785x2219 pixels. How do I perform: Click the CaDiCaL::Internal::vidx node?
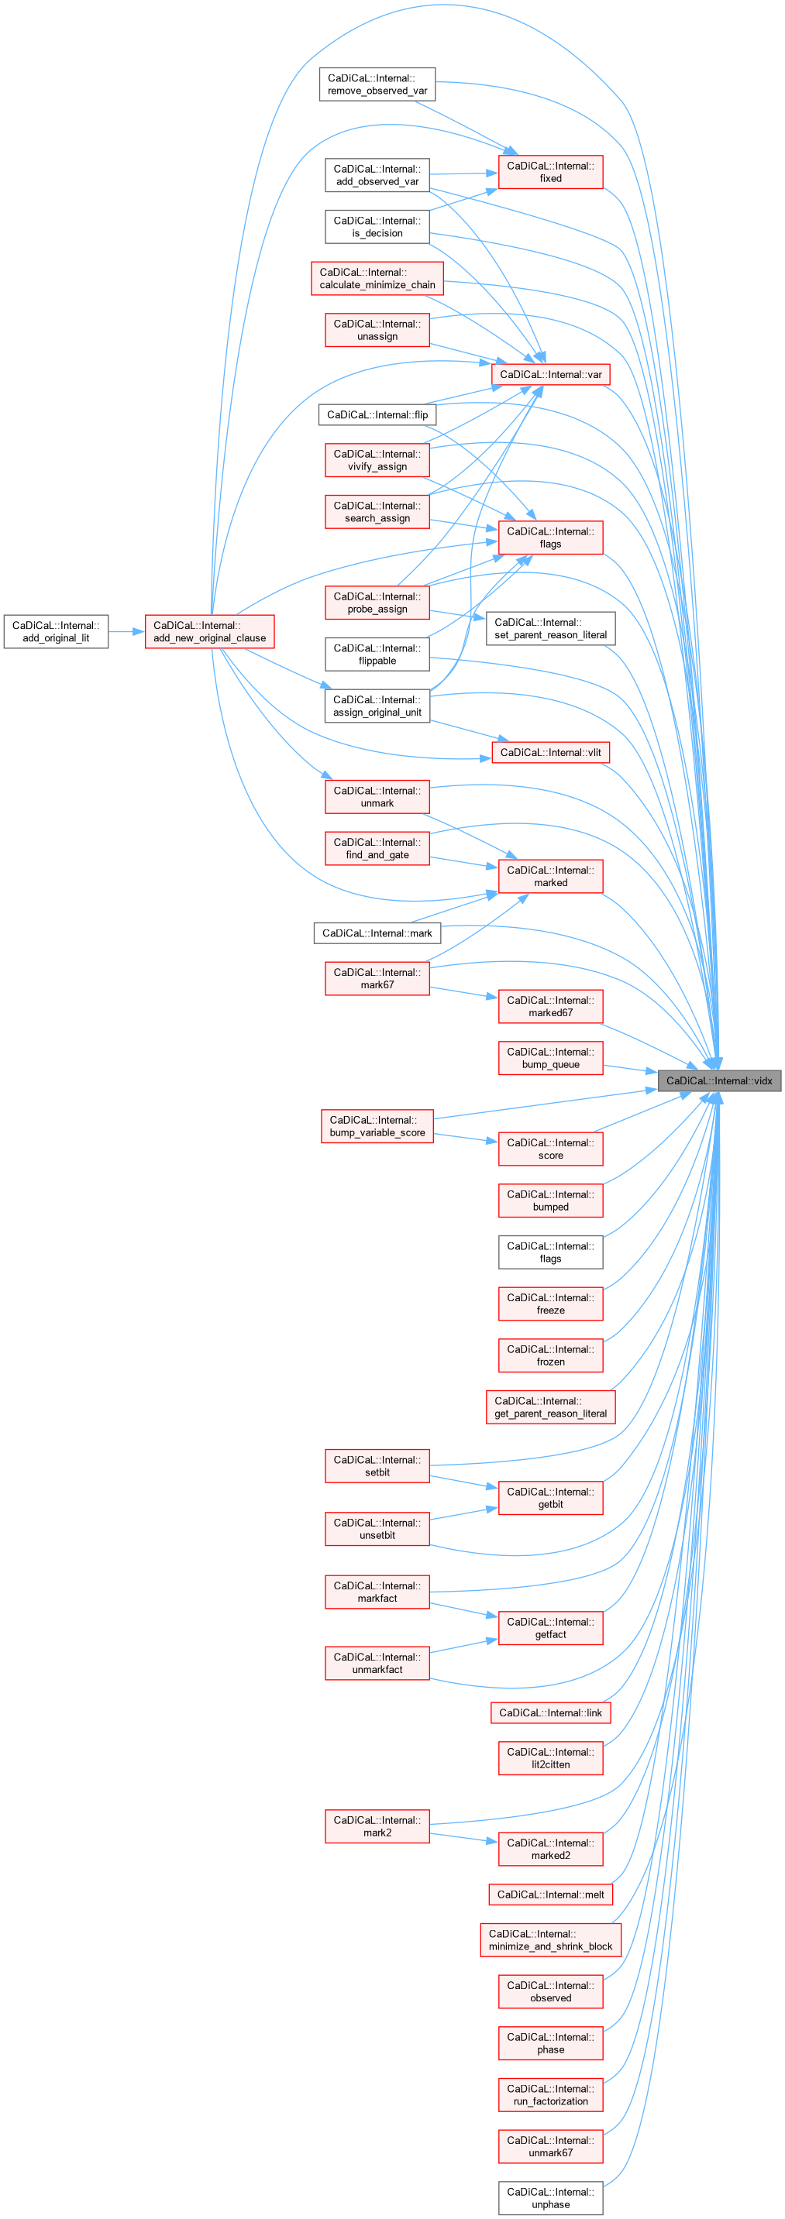(718, 1080)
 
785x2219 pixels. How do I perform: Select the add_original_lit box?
(56, 631)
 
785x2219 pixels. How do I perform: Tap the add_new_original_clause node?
(209, 631)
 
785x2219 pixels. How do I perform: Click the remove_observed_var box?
(377, 84)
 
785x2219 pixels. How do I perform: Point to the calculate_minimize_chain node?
(377, 278)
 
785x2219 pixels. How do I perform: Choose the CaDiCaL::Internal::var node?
(551, 375)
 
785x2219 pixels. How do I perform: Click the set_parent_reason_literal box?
(551, 629)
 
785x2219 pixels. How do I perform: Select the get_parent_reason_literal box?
(551, 1407)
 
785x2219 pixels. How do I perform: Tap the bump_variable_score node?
(377, 1126)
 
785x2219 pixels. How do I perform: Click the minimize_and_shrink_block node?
(551, 1940)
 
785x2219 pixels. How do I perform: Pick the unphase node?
(551, 2197)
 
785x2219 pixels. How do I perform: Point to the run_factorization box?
(551, 2095)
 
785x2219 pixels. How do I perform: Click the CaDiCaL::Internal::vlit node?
(551, 752)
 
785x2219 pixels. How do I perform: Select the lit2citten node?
(551, 1758)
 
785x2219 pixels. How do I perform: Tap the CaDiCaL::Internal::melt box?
(551, 1894)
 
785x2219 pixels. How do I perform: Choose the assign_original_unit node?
(377, 706)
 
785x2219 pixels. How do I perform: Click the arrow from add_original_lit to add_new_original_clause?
(126, 631)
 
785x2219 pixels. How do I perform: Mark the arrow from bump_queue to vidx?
(630, 1069)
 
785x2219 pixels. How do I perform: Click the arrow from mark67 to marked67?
(463, 993)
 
